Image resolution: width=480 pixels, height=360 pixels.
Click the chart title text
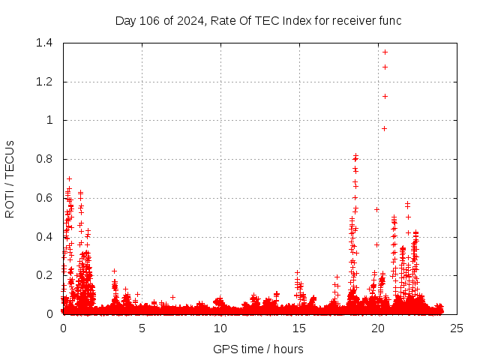coord(258,21)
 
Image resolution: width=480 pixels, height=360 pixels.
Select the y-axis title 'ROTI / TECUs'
coord(10,178)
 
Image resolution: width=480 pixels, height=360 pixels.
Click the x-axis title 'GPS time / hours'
coord(258,349)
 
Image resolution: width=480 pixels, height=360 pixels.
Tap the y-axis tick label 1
coord(50,120)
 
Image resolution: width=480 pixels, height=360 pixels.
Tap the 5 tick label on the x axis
coord(142,328)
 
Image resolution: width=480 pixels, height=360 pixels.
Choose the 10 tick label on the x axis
coord(220,328)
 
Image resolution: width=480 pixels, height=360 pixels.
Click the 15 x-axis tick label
coord(299,328)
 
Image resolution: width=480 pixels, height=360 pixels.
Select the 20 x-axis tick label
coord(378,328)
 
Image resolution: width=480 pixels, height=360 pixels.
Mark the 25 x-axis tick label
coord(457,328)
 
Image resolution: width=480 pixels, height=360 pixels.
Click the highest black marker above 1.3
coord(385,52)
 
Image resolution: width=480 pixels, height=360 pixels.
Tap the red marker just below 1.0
coord(384,128)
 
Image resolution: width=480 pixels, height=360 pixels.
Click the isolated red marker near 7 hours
coord(172,297)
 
